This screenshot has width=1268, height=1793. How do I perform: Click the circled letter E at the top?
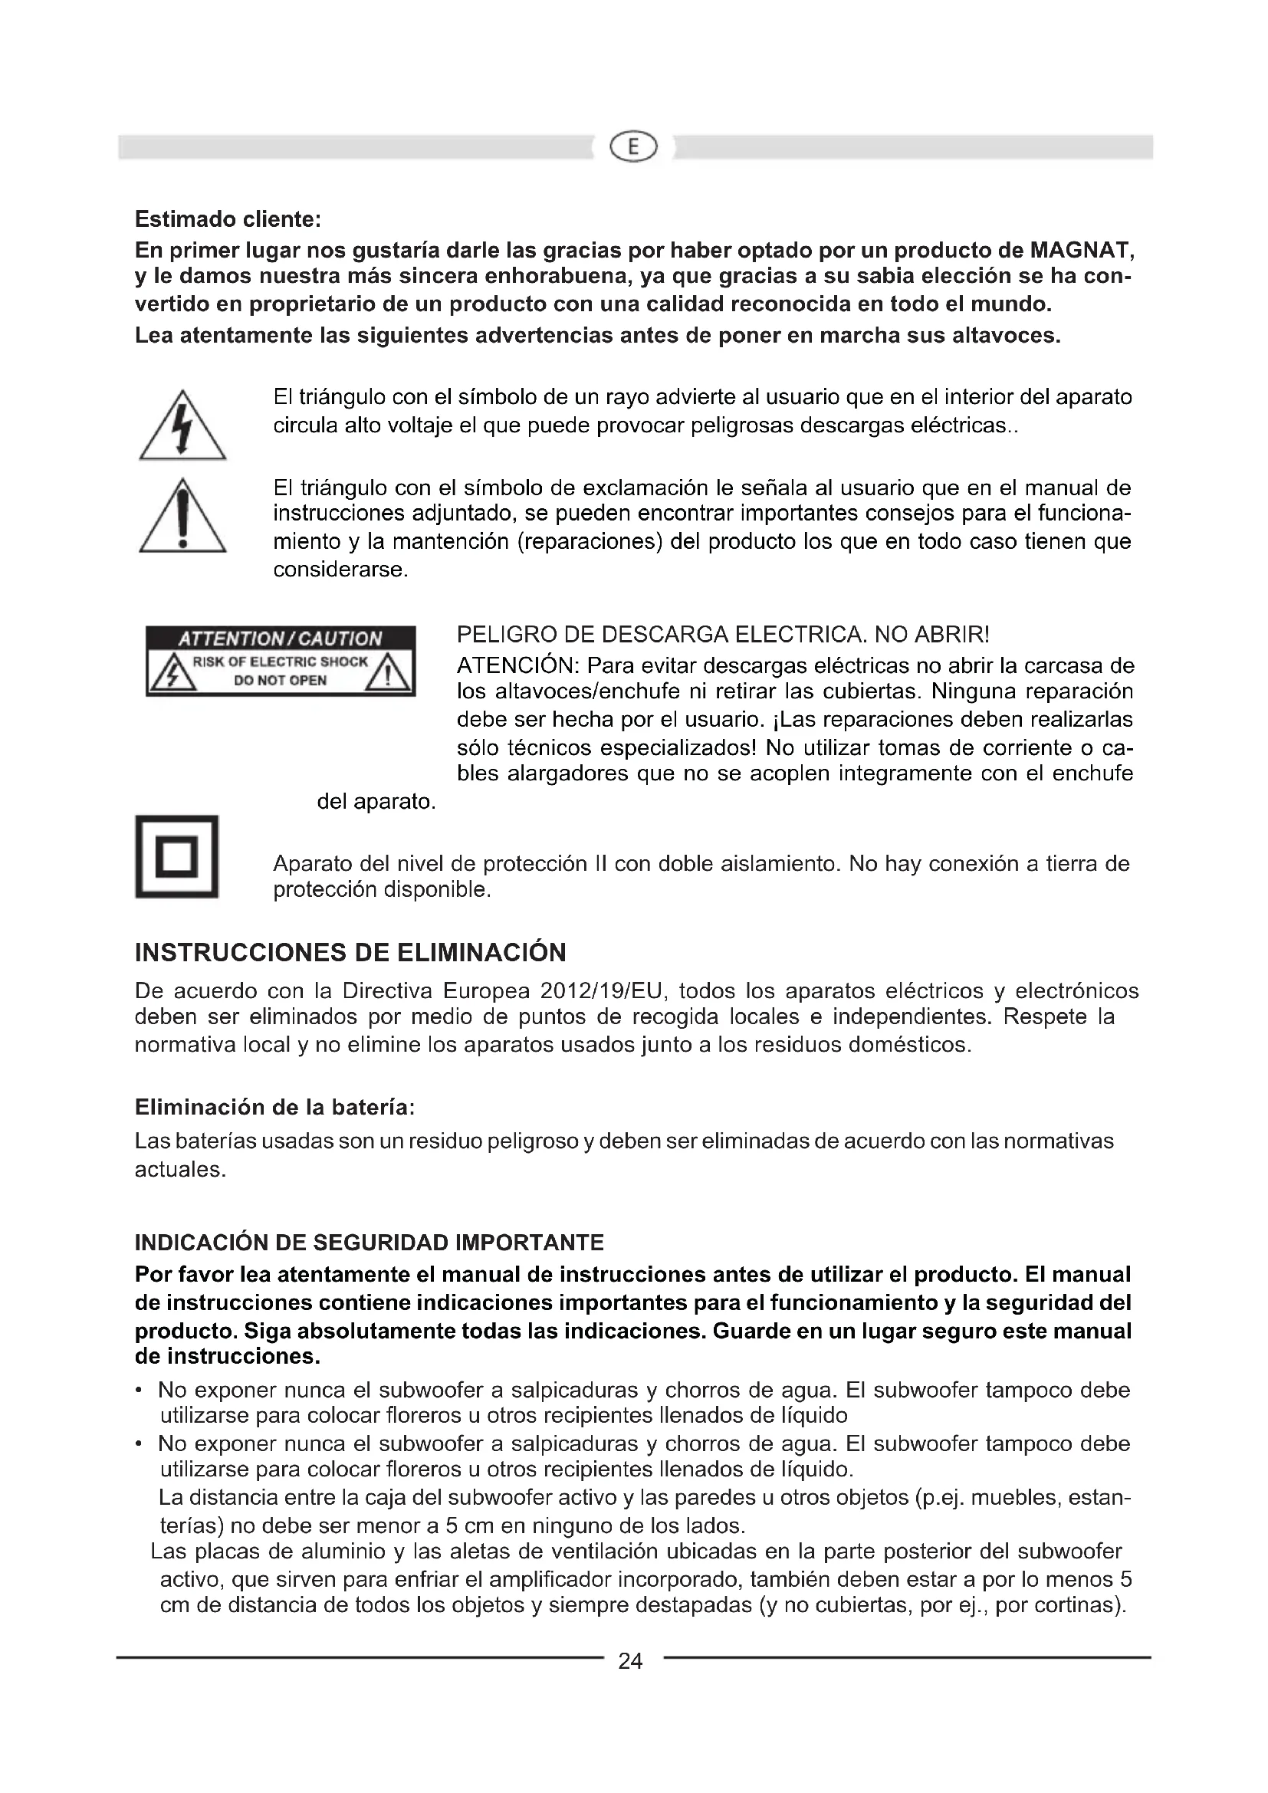click(633, 147)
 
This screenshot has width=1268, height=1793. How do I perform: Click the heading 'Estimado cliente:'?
click(228, 219)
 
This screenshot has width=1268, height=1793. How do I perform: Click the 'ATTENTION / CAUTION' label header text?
click(281, 639)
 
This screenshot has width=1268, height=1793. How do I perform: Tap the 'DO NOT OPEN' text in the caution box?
click(281, 681)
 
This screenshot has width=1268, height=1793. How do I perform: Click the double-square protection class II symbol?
click(176, 857)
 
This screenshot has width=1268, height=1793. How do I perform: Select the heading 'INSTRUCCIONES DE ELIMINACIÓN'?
click(350, 953)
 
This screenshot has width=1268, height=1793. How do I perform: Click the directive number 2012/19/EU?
click(602, 992)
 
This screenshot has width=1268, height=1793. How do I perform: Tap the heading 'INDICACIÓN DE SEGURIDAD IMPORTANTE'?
click(370, 1243)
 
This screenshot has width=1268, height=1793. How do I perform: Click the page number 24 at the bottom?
click(630, 1661)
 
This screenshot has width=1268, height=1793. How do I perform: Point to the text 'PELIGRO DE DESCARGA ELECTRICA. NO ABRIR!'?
click(723, 634)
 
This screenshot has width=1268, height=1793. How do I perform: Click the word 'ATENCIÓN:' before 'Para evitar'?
click(517, 667)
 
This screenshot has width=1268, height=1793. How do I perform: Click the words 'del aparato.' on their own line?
click(376, 802)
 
